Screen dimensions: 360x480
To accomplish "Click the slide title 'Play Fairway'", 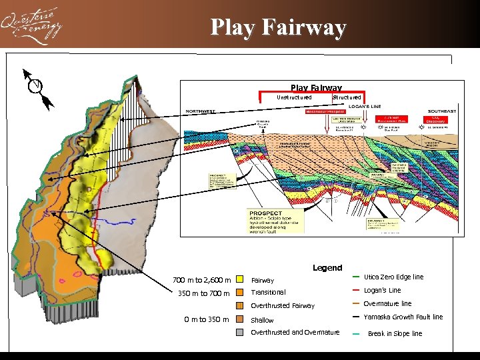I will pyautogui.click(x=278, y=28).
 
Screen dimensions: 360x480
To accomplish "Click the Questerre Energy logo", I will pyautogui.click(x=31, y=26).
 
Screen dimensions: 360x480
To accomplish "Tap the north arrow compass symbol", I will pyautogui.click(x=37, y=87).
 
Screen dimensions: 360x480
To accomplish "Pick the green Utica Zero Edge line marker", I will pyautogui.click(x=357, y=277).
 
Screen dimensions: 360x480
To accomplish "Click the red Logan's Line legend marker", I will pyautogui.click(x=357, y=290).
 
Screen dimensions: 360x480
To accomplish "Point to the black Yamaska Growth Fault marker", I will pyautogui.click(x=357, y=317).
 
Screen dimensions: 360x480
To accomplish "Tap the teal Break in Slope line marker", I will pyautogui.click(x=357, y=333).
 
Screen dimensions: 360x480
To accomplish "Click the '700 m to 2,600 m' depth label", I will pyautogui.click(x=202, y=280).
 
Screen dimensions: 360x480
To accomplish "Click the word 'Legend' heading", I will pyautogui.click(x=327, y=267).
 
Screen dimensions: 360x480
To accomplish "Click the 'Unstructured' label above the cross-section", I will pyautogui.click(x=294, y=97).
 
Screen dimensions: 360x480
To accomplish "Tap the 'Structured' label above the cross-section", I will pyautogui.click(x=347, y=97).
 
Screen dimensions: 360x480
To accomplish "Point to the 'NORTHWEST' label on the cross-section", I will pyautogui.click(x=201, y=111).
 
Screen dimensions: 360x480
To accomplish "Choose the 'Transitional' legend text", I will pyautogui.click(x=268, y=293).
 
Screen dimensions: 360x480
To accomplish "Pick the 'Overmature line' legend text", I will pyautogui.click(x=387, y=303).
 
